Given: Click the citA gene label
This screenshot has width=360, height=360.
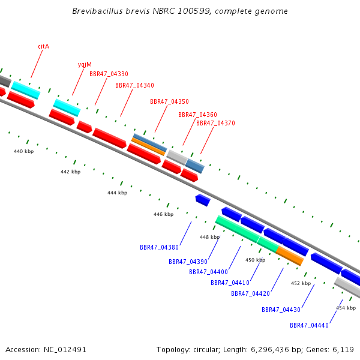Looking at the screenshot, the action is pyautogui.click(x=44, y=46).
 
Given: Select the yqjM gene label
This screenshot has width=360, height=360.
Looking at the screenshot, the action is pyautogui.click(x=85, y=65).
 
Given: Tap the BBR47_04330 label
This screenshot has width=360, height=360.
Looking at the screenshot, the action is pyautogui.click(x=109, y=74).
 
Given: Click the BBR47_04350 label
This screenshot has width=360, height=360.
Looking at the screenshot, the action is pyautogui.click(x=169, y=101).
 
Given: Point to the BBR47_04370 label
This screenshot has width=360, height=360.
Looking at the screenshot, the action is pyautogui.click(x=215, y=123).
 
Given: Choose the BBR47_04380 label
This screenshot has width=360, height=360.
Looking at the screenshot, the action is pyautogui.click(x=159, y=247).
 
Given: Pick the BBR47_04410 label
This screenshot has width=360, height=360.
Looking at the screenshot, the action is pyautogui.click(x=230, y=283).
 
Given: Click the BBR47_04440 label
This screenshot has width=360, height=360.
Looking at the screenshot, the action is pyautogui.click(x=309, y=325).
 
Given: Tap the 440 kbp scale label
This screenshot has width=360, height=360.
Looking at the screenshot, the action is pyautogui.click(x=23, y=151).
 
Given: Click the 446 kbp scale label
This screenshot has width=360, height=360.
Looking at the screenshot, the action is pyautogui.click(x=163, y=214).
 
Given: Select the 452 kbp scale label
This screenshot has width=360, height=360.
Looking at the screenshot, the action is pyautogui.click(x=301, y=283).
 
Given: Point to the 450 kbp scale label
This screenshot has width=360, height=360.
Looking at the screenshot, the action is pyautogui.click(x=256, y=260).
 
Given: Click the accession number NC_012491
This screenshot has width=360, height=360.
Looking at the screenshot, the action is pyautogui.click(x=65, y=350).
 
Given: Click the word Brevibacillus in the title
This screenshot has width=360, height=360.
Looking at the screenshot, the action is pyautogui.click(x=97, y=11).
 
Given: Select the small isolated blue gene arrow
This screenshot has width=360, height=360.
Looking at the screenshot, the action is pyautogui.click(x=203, y=200).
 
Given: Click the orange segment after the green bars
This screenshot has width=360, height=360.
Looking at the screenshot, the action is pyautogui.click(x=290, y=256).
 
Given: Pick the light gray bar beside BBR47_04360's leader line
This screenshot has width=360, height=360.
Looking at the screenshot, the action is pyautogui.click(x=177, y=157).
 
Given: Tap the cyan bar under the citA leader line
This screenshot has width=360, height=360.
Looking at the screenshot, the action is pyautogui.click(x=26, y=90).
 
